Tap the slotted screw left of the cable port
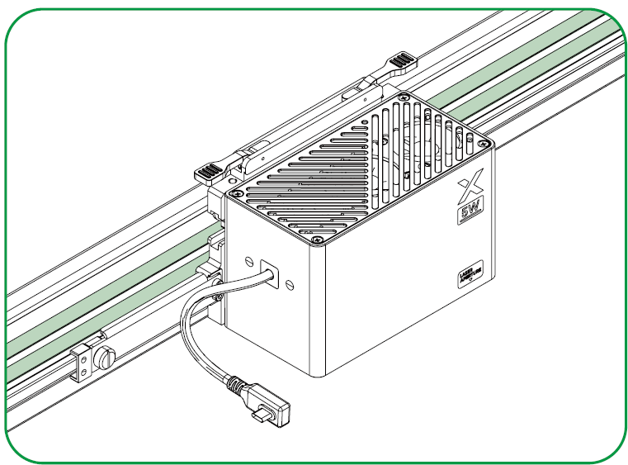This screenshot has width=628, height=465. click(248, 262)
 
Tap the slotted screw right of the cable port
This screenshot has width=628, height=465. click(289, 283)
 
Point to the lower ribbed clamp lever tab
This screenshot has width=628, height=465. click(207, 173)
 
